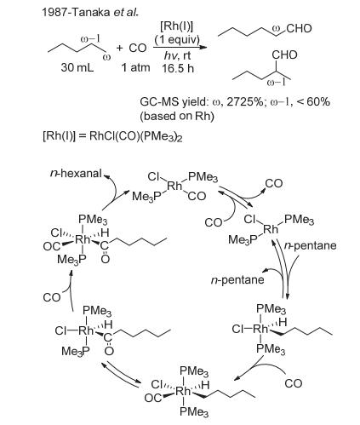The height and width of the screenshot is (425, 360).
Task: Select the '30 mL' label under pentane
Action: [77, 67]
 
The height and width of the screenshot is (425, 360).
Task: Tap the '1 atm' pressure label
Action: [135, 67]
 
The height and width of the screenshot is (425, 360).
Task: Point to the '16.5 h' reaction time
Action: [178, 68]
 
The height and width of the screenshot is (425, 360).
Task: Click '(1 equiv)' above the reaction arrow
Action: [178, 39]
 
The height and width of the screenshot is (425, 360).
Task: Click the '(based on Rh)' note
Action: [177, 116]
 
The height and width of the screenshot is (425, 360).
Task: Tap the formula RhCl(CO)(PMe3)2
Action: [136, 136]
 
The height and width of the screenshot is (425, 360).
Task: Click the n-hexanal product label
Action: [76, 173]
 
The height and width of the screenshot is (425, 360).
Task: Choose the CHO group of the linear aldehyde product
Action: [299, 28]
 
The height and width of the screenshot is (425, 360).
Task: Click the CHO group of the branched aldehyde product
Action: [284, 55]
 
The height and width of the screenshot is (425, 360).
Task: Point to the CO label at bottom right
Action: [294, 383]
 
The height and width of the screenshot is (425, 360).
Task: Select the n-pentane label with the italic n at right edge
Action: [310, 245]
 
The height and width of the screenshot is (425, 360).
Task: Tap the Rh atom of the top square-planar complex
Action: [174, 186]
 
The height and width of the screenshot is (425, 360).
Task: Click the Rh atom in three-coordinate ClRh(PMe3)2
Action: [271, 229]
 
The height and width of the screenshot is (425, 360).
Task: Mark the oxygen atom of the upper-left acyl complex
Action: [105, 259]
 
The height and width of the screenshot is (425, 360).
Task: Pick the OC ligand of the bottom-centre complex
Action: [153, 398]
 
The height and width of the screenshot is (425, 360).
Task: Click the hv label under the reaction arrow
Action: [170, 56]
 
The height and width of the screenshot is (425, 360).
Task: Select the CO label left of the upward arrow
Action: [52, 297]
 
